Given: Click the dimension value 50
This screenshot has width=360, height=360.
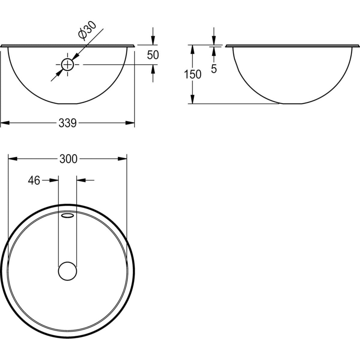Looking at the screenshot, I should pyautogui.click(x=153, y=55).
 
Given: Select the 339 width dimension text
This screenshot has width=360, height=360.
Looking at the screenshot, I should pyautogui.click(x=68, y=123).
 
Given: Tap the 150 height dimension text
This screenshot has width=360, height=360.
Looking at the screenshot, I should pyautogui.click(x=192, y=74).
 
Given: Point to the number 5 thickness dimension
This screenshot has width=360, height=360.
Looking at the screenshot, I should pyautogui.click(x=213, y=69).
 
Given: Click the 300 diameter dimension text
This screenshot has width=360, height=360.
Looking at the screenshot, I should pyautogui.click(x=68, y=159).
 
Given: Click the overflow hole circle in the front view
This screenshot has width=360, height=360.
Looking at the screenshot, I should pyautogui.click(x=68, y=64).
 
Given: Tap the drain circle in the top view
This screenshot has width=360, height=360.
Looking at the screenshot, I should pyautogui.click(x=68, y=271).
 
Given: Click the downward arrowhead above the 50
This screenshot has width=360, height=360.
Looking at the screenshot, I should pyautogui.click(x=153, y=41).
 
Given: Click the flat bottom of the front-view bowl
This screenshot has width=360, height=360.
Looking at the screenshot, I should pyautogui.click(x=68, y=104).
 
